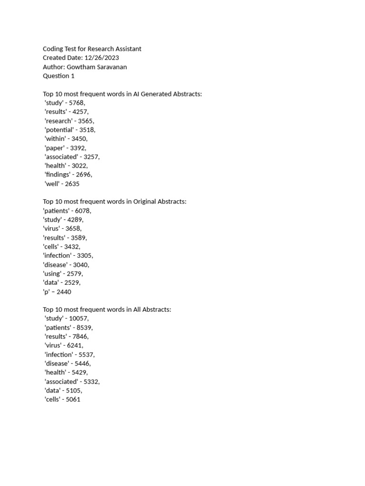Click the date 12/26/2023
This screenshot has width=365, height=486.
101,58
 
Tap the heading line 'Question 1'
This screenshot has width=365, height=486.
58,76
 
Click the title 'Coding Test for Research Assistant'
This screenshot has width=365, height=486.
92,49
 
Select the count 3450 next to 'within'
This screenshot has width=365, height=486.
78,139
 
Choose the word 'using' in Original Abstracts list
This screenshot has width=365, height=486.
52,274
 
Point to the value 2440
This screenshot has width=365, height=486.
64,292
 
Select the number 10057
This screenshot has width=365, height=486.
78,318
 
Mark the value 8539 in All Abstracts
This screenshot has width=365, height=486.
83,327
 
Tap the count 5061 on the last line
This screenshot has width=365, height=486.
73,400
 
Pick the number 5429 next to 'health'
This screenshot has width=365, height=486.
78,373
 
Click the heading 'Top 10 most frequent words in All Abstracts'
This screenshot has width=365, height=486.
107,309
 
